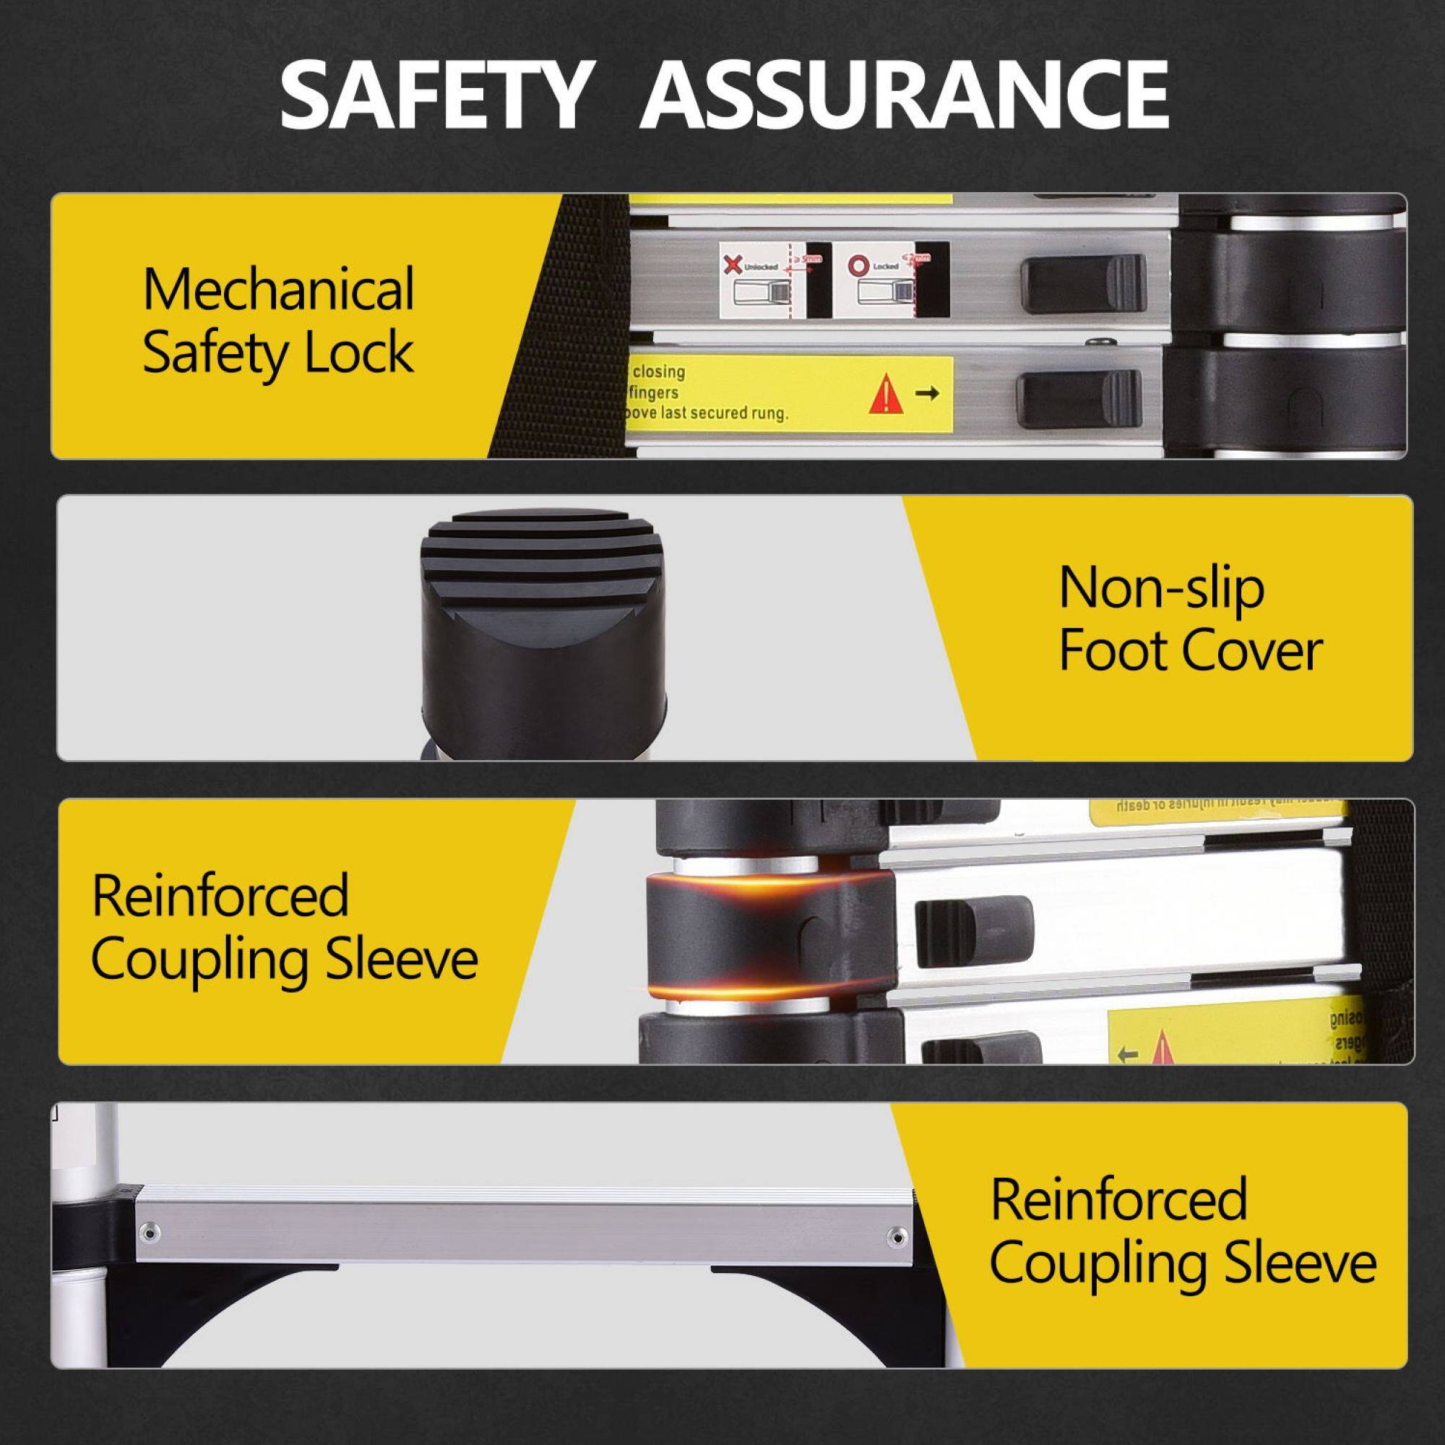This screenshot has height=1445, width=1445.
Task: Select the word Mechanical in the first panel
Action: pos(278,290)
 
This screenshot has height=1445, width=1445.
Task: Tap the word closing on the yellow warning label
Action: pos(658,371)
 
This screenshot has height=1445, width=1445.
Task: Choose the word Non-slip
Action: pos(1162,589)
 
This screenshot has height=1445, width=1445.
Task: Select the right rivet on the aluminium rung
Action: pos(895,1235)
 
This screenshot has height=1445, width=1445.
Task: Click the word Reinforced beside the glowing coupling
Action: pos(220,894)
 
